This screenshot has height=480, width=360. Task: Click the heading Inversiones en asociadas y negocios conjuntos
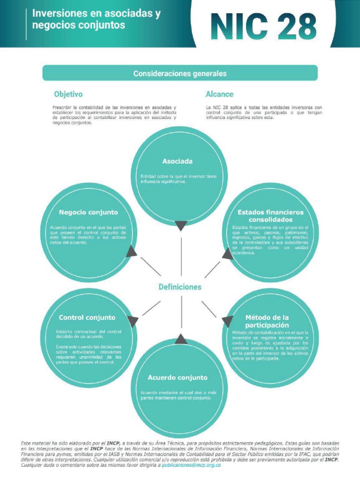96,20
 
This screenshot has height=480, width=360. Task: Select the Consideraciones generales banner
180,73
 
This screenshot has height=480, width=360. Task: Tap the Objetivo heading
68,94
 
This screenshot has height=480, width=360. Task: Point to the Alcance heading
219,94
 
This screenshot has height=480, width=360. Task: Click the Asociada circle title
177,161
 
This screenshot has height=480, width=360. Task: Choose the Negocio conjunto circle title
89,212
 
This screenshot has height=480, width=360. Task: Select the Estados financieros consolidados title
270,216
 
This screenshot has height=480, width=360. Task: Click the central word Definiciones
180,287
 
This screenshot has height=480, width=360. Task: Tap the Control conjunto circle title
87,317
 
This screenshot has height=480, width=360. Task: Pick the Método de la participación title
267,321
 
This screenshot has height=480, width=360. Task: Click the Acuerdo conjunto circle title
177,377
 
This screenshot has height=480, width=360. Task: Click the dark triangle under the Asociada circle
181,225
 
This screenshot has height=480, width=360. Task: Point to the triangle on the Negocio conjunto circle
132,252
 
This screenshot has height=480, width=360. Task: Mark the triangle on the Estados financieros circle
228,254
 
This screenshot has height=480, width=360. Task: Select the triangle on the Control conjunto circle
133,321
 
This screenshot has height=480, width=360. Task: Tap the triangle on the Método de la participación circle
227,321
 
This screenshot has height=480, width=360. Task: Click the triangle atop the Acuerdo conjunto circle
181,339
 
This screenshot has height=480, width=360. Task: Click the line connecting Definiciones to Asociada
181,255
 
